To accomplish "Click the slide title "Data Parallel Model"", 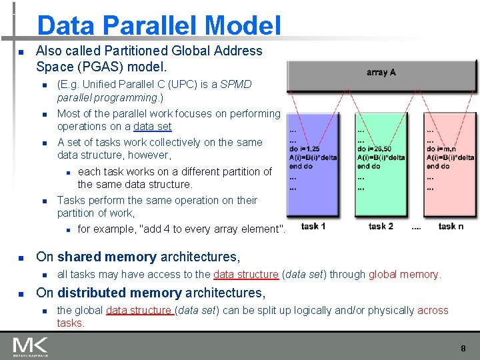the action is tap(159, 25).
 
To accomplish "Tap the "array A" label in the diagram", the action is tap(381, 72).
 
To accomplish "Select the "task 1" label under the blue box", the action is tap(313, 227).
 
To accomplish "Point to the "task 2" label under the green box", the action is tap(381, 227).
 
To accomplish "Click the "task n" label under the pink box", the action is tap(451, 227).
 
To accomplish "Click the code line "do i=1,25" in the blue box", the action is tap(305, 149).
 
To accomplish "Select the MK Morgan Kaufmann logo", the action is tap(30, 347).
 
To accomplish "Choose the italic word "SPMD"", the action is tap(236, 84).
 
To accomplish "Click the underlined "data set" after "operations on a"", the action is tap(152, 126).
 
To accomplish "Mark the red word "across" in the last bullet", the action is tap(433, 310).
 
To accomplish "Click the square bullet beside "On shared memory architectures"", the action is tap(21, 257).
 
